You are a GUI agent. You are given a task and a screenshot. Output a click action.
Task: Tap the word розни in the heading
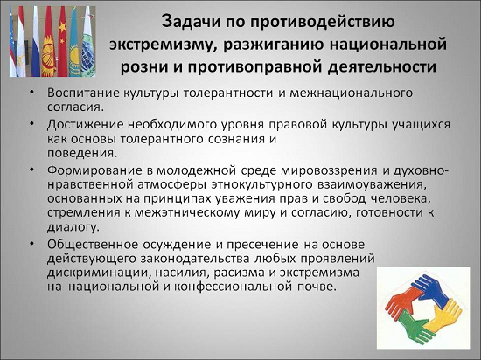[144, 66]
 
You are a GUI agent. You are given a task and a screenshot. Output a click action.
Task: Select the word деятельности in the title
[382, 66]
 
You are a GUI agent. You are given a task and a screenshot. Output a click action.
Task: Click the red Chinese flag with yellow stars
[62, 41]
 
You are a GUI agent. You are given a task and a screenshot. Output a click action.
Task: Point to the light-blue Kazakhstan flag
[74, 41]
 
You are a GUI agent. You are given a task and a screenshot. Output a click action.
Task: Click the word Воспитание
[83, 93]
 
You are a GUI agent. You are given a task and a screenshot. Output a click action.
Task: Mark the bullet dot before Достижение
[32, 123]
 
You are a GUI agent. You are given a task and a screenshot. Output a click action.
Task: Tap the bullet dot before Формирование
[32, 169]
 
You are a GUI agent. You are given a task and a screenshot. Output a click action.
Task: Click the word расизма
[239, 273]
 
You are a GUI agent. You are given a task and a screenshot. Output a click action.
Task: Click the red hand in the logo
[402, 301]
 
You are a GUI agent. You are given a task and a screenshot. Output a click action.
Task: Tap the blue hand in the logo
[429, 287]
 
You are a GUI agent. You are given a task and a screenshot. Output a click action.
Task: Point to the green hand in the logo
[414, 327]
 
